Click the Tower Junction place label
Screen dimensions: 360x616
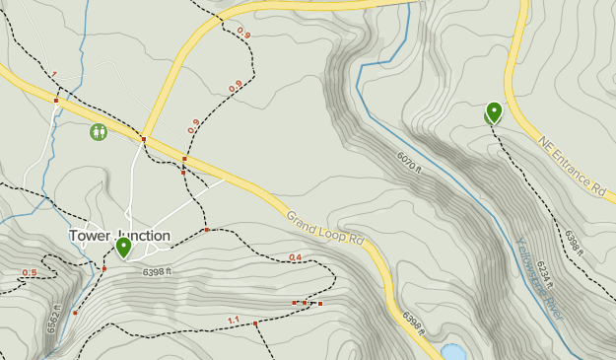click(x=119, y=236)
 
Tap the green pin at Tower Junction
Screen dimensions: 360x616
click(x=123, y=247)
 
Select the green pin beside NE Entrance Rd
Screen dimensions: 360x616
click(x=494, y=112)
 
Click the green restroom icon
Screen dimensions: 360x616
click(x=99, y=131)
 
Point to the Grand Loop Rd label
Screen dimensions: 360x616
click(x=325, y=229)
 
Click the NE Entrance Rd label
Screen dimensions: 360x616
click(x=572, y=166)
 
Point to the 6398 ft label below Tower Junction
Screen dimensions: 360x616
click(x=157, y=272)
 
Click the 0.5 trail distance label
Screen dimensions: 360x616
click(x=30, y=273)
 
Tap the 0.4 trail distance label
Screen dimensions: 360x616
click(x=296, y=257)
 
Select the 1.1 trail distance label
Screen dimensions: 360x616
click(x=234, y=320)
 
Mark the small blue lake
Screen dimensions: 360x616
click(x=452, y=352)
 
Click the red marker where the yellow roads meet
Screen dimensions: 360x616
click(x=144, y=139)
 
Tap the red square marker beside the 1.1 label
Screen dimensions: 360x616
click(x=255, y=324)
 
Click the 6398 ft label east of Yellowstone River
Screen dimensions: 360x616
click(x=576, y=242)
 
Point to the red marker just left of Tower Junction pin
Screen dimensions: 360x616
click(x=104, y=268)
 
